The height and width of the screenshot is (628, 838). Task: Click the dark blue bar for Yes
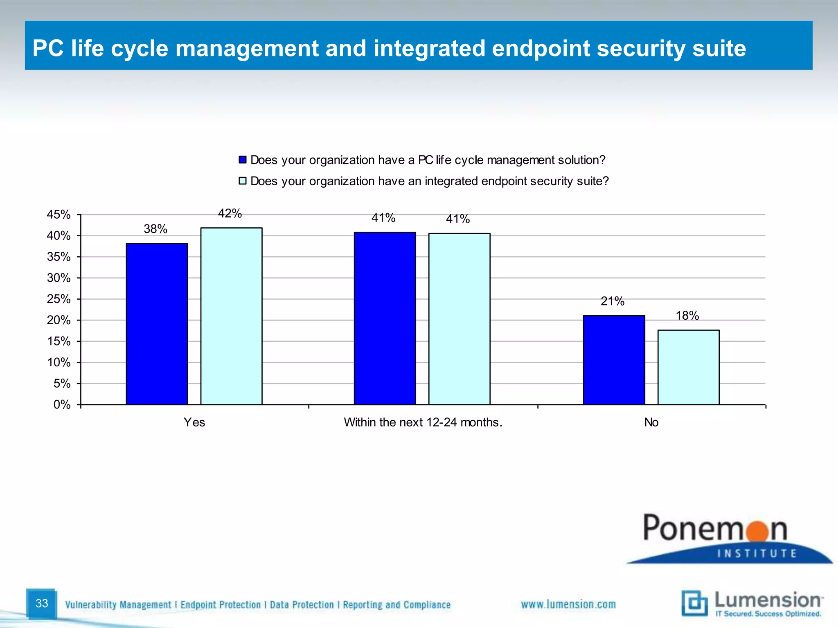click(157, 324)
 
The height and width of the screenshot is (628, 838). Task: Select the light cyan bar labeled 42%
click(231, 316)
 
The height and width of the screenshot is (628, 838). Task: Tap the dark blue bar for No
click(614, 360)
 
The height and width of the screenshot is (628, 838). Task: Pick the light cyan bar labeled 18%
click(688, 367)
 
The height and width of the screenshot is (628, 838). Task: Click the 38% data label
click(155, 229)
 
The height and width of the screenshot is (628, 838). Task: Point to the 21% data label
click(612, 301)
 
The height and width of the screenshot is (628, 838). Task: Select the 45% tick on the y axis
click(59, 215)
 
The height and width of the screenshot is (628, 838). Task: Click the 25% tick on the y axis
click(59, 299)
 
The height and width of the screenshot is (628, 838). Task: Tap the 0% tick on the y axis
click(62, 405)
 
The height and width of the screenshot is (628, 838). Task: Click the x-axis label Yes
click(194, 422)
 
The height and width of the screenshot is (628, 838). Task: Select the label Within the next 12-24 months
click(423, 422)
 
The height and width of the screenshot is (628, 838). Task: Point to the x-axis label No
click(651, 422)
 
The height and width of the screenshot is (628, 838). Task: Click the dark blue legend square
click(243, 160)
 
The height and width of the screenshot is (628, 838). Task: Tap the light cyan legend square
click(243, 181)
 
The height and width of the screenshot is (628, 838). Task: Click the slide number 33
click(42, 603)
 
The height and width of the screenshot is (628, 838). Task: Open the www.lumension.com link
click(568, 604)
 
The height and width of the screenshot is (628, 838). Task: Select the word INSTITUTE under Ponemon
click(757, 554)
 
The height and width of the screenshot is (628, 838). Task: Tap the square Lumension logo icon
click(694, 603)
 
